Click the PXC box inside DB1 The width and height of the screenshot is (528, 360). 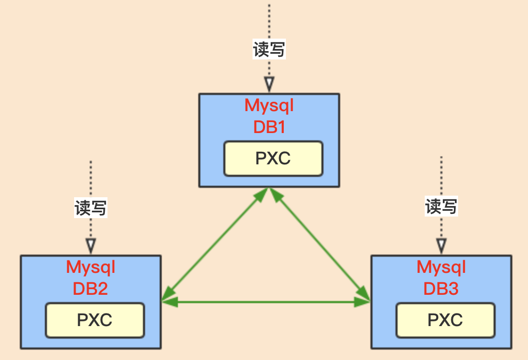click(273, 159)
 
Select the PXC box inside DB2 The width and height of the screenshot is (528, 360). click(94, 320)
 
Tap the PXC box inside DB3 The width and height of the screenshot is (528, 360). click(445, 320)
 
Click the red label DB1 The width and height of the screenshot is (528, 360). click(269, 127)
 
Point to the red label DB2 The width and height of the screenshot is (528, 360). click(90, 288)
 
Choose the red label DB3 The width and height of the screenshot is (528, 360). click(441, 288)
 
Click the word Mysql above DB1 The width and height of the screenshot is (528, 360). click(269, 106)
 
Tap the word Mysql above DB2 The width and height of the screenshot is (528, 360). click(90, 267)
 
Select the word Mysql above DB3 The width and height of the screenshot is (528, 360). click(441, 267)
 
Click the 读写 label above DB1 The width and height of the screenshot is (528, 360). click(269, 50)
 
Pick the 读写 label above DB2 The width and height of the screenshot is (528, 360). click(91, 208)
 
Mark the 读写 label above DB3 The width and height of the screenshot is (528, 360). click(441, 207)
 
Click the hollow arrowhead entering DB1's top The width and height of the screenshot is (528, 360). click(269, 84)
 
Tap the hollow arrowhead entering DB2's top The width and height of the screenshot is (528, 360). click(91, 245)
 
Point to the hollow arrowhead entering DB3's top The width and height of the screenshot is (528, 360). click(441, 245)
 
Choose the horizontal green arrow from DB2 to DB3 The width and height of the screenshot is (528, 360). click(266, 302)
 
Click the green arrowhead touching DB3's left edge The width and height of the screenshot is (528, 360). click(363, 302)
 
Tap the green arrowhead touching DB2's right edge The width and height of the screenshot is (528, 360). click(169, 302)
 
